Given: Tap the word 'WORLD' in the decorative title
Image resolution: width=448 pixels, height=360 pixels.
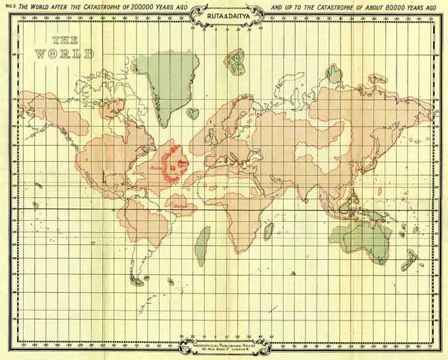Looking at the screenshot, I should pos(67,54).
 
